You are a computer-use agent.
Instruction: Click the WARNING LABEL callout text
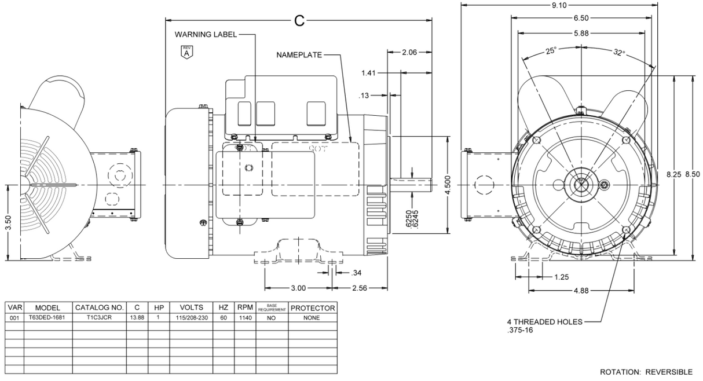click(206, 35)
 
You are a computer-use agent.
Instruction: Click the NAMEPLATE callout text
click(298, 55)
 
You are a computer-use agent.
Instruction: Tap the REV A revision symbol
click(186, 52)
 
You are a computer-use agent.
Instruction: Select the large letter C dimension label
click(299, 21)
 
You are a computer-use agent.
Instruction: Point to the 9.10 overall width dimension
click(559, 5)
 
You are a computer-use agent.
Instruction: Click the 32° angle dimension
click(619, 52)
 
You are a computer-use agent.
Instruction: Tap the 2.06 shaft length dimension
click(409, 52)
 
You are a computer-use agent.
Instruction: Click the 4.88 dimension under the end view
click(579, 291)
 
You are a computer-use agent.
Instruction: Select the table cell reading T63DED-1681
click(48, 318)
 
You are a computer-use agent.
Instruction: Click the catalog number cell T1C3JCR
click(99, 318)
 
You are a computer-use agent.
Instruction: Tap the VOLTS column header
click(191, 308)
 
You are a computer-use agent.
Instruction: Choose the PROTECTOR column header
click(312, 308)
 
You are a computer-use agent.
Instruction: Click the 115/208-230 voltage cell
click(191, 318)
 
